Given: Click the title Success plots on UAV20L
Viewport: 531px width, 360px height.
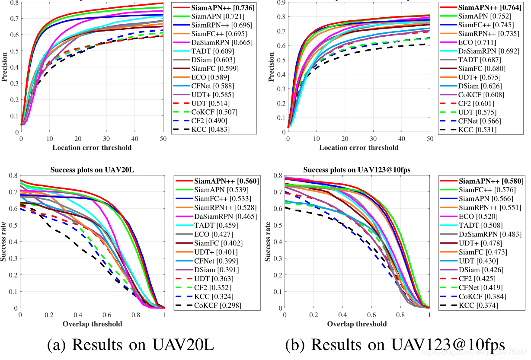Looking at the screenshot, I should tap(93, 169).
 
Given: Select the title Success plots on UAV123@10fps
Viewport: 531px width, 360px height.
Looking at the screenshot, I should tap(357, 169).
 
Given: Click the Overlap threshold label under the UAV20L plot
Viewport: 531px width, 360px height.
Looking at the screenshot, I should tap(93, 324).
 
